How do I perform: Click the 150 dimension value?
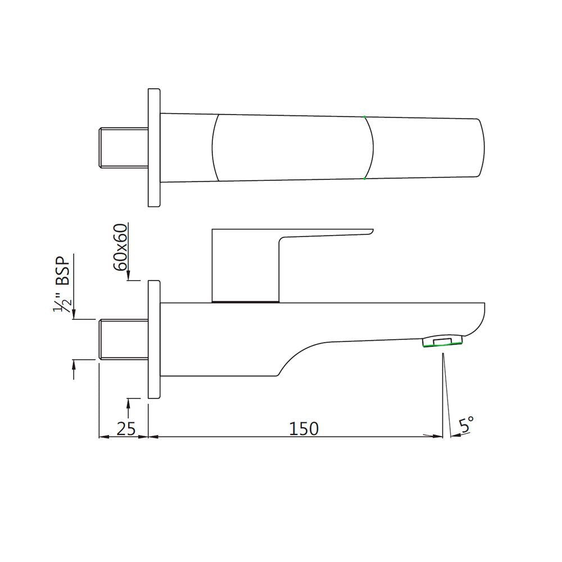click(303, 428)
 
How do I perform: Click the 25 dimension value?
click(126, 428)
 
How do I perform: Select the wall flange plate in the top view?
click(153, 148)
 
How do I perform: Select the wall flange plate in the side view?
click(153, 339)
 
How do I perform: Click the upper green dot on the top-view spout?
click(364, 117)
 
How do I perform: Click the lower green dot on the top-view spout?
click(364, 178)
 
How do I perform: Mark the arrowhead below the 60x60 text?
click(129, 276)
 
